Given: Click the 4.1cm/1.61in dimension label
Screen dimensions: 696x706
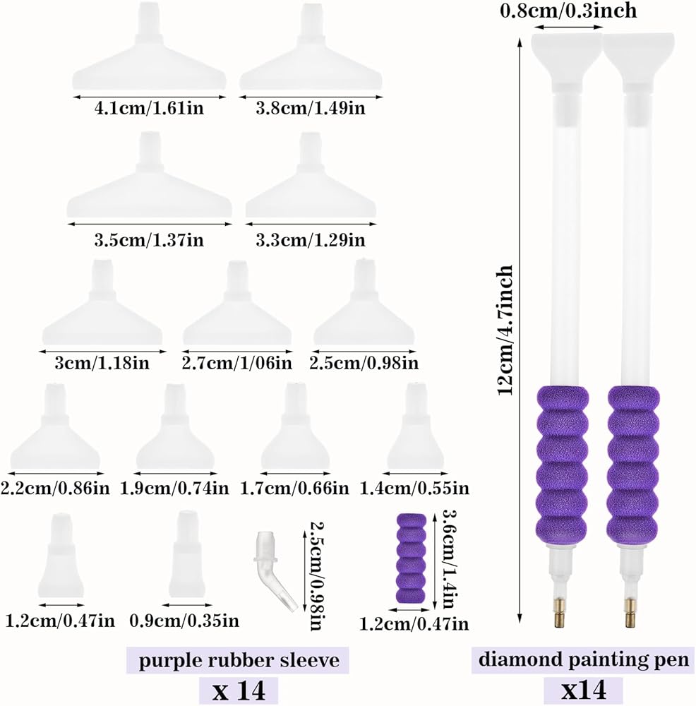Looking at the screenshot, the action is [149, 109].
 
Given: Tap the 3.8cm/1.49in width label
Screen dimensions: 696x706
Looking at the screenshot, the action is [311, 109].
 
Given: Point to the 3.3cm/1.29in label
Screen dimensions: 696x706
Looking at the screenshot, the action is [311, 240].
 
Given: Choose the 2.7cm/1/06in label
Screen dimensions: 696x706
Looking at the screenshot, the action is [236, 364].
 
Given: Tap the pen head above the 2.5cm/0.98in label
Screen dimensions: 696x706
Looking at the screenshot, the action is [364, 303].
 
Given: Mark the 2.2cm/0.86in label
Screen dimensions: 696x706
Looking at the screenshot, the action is [55, 488].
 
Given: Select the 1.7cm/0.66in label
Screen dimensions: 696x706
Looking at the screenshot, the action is [294, 488].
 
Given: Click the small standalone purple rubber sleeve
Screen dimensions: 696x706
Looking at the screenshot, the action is [411, 558].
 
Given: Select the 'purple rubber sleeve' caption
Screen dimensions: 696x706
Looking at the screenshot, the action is [239, 661].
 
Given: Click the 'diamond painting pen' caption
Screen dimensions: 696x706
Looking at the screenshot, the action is [584, 659].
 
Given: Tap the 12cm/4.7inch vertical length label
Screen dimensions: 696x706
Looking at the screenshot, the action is [505, 330].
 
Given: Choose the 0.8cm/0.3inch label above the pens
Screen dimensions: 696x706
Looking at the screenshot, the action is [569, 11].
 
